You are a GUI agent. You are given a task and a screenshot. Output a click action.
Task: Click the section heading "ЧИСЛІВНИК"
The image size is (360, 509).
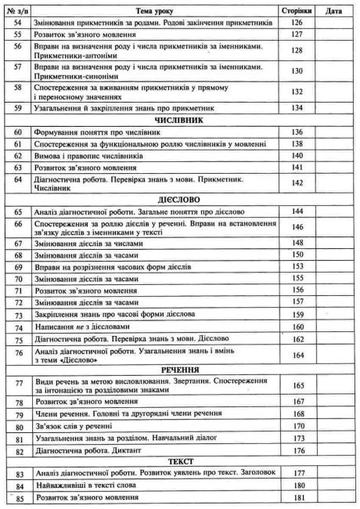click(180, 121)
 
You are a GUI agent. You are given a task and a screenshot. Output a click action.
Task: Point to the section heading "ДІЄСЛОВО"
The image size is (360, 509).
click(180, 200)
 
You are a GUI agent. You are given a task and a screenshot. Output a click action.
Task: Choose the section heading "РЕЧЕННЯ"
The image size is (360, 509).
click(180, 369)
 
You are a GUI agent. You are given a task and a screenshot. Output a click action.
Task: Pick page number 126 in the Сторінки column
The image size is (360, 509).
click(297, 23)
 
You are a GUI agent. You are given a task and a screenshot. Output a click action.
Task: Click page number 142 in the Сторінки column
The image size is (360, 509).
click(297, 182)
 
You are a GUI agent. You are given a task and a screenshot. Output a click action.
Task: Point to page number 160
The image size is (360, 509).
click(297, 325)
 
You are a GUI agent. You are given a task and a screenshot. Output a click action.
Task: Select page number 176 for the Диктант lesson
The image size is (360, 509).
click(297, 450)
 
